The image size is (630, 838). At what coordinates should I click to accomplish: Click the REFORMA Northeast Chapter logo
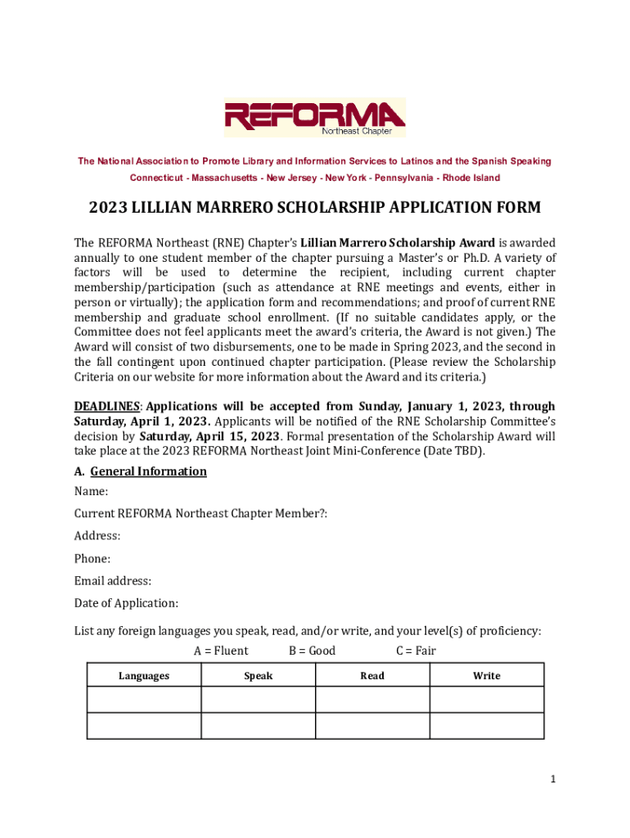pos(315,118)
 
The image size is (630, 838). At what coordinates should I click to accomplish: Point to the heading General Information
pos(148,471)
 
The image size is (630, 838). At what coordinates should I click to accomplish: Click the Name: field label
pos(91,492)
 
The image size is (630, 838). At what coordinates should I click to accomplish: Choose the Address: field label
pos(97,536)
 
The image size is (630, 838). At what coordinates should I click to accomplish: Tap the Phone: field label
pos(92,559)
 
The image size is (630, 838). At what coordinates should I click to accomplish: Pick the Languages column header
pos(144,676)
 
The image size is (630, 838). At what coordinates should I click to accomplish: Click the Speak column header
pos(259,676)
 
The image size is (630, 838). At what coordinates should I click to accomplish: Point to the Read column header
pos(372,676)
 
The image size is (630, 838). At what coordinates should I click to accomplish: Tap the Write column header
pos(487,676)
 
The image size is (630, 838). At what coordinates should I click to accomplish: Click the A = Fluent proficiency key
pos(221,651)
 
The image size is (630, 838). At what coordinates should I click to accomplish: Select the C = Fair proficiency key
pos(416,651)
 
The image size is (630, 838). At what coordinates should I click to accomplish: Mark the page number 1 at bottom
pos(553,780)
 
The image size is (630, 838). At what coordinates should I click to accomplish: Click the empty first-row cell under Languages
pos(144,700)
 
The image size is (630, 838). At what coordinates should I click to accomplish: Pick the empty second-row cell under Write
pos(487,726)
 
